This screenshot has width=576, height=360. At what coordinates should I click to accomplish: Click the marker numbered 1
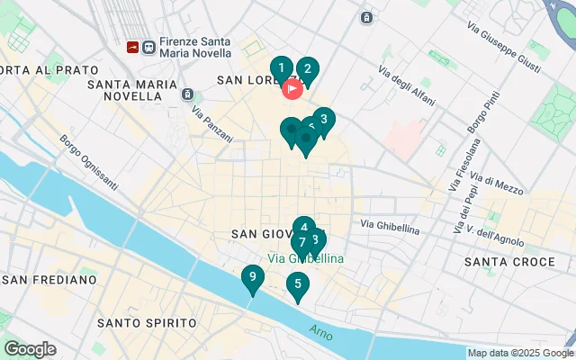(x=282, y=68)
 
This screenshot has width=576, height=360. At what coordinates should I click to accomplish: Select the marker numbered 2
(x=307, y=69)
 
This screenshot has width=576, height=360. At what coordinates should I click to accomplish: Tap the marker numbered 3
(x=324, y=120)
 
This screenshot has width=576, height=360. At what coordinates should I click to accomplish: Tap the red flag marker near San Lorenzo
(x=292, y=88)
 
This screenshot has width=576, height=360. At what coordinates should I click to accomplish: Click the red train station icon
(x=132, y=47)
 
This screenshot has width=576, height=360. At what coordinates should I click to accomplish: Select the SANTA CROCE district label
(x=509, y=262)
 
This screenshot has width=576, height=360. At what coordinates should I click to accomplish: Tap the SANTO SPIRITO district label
(x=147, y=322)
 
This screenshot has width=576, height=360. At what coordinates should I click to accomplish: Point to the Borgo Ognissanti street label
(x=89, y=162)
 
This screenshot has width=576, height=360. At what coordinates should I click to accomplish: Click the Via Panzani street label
(x=212, y=124)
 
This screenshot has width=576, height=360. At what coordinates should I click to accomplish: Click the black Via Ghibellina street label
(x=390, y=225)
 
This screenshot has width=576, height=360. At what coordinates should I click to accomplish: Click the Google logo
(x=30, y=349)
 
